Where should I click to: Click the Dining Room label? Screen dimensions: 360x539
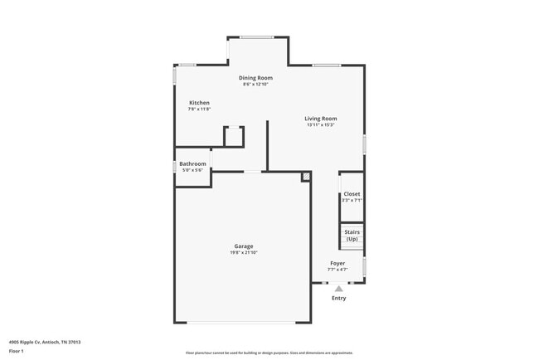(256, 78)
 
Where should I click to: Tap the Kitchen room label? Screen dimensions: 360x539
(199, 103)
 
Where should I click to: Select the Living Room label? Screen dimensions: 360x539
(320, 119)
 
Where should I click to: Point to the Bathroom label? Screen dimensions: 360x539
(192, 163)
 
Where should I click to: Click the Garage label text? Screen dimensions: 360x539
(244, 246)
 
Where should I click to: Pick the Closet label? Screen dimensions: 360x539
(352, 194)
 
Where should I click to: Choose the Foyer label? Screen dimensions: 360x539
(337, 263)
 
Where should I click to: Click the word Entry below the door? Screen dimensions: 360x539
(338, 297)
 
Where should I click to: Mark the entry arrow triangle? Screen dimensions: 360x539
(338, 288)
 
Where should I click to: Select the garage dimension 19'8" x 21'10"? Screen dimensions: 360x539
(244, 252)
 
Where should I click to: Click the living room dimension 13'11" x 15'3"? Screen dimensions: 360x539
(320, 125)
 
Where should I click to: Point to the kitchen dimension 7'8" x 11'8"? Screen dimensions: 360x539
(199, 109)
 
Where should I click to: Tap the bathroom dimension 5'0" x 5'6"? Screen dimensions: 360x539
(192, 170)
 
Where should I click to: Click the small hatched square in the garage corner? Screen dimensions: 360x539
(306, 176)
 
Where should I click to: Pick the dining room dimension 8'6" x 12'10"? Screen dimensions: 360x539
(257, 85)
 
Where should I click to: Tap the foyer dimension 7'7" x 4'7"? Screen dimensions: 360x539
(337, 270)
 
